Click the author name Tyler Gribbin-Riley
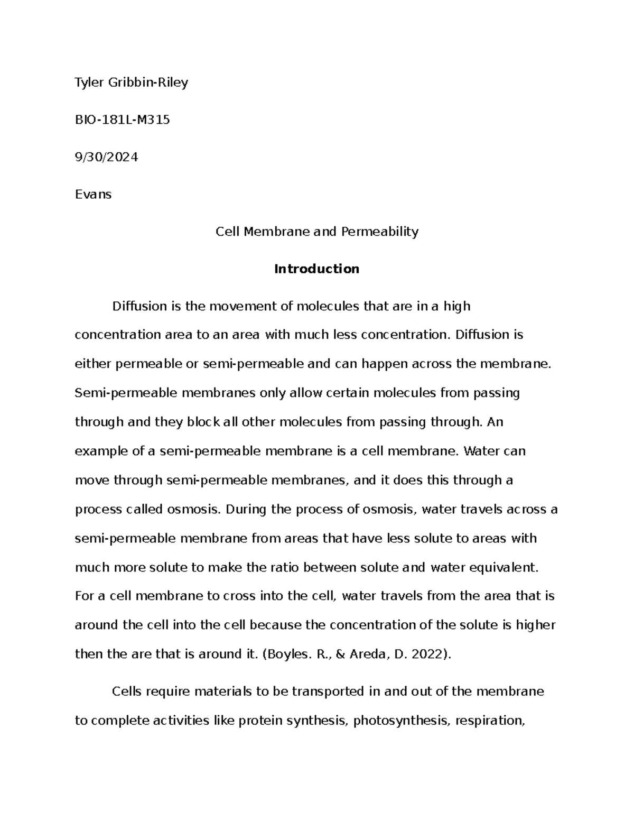click(131, 82)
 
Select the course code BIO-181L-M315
click(122, 119)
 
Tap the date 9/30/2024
click(106, 157)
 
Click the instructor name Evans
click(93, 194)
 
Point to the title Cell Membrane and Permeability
click(316, 232)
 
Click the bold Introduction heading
click(316, 269)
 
